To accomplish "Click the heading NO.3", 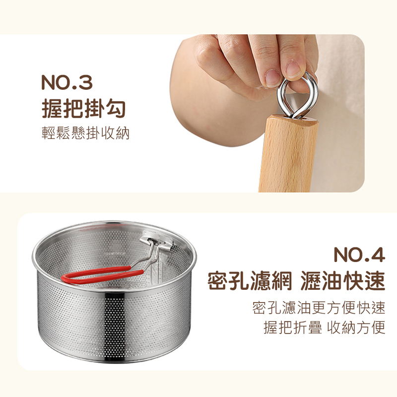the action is [67, 82].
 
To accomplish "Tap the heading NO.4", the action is [359, 255].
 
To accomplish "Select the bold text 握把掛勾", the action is [84, 109].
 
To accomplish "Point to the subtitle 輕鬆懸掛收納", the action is [85, 133].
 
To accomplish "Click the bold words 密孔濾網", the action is [250, 281].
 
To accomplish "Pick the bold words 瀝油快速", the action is [343, 281].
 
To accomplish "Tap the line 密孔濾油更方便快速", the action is [319, 308].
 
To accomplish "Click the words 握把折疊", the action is [293, 328].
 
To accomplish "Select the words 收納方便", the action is [356, 328].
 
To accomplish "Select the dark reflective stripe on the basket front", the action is [115, 327].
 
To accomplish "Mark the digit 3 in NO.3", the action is [85, 82].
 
